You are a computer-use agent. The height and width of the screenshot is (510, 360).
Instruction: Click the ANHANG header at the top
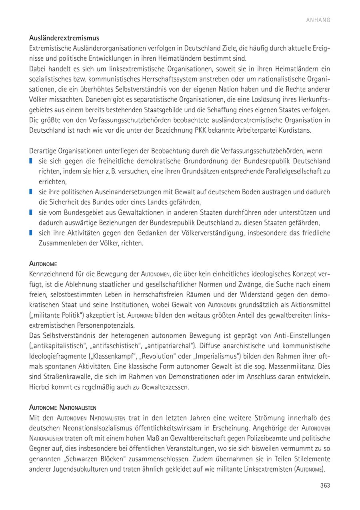(318, 20)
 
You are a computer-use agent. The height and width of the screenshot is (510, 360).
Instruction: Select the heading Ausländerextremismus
(64, 38)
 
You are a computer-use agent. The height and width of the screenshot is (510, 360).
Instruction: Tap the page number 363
(325, 485)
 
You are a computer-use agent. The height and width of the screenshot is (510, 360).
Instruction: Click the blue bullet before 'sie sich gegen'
(31, 161)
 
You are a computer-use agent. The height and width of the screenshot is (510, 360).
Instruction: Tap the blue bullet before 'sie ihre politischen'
(31, 192)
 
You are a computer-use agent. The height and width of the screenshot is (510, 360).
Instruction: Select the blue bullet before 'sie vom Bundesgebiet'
(31, 212)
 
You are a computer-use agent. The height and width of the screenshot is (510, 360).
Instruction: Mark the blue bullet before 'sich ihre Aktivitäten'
(31, 233)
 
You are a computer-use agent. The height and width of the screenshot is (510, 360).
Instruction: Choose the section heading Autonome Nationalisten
(63, 408)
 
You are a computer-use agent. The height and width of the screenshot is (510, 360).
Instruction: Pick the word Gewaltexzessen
(164, 387)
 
